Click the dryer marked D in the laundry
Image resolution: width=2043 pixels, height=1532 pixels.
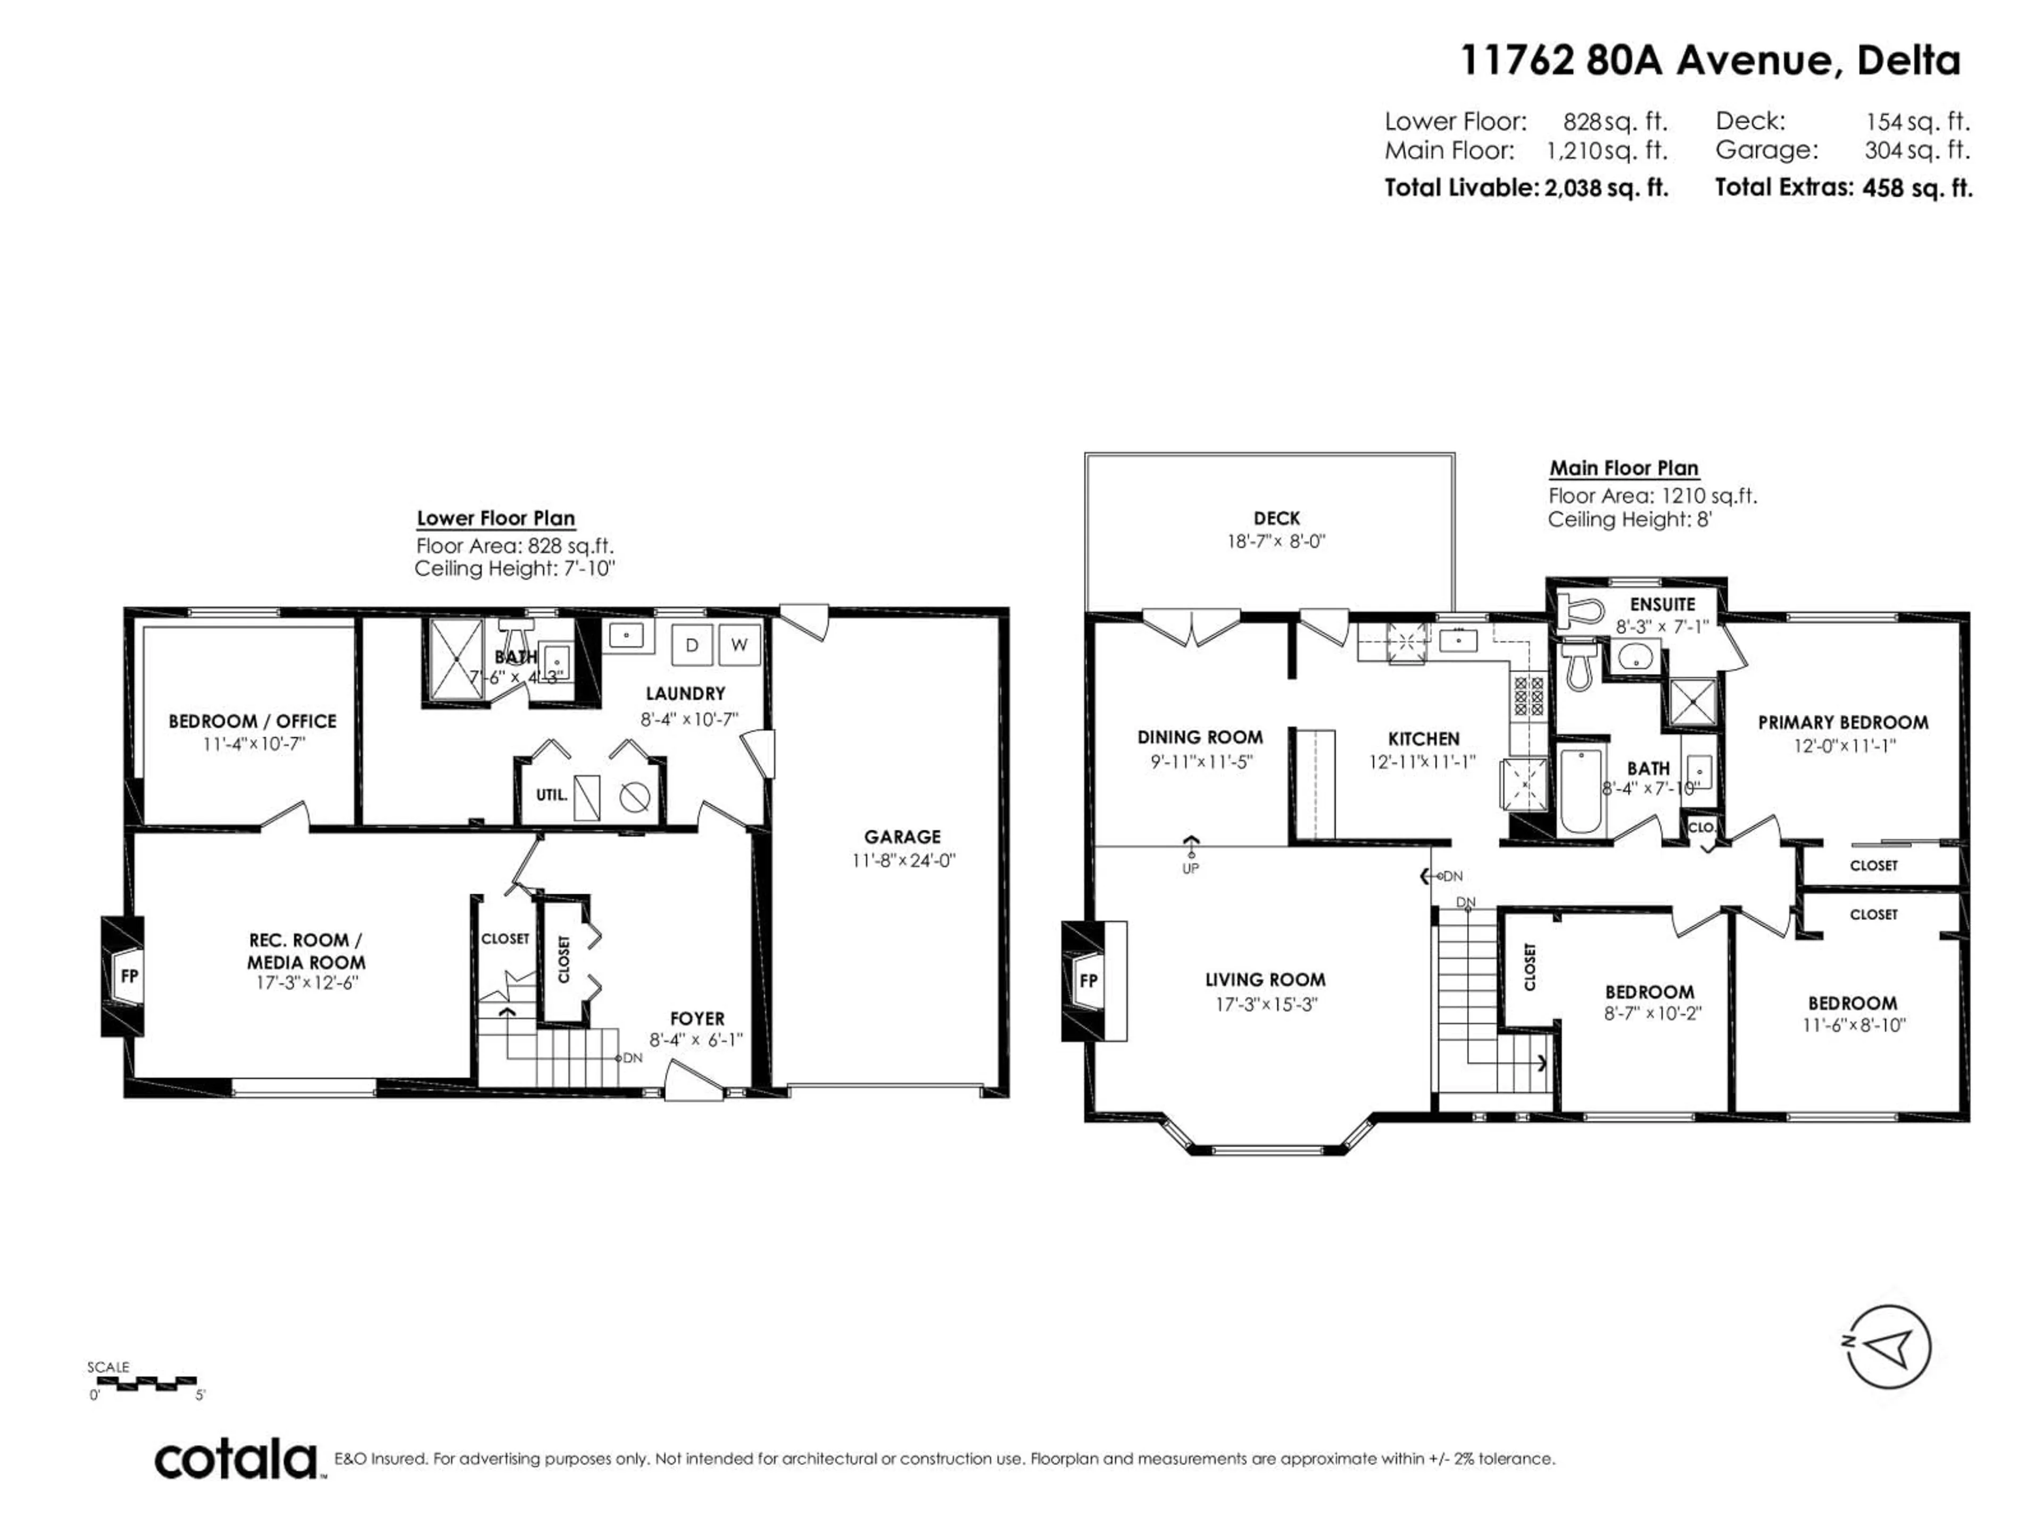pos(691,645)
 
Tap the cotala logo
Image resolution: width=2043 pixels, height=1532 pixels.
pos(236,1460)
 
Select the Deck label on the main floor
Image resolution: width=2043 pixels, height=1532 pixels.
pos(1276,518)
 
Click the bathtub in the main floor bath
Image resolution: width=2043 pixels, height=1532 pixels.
pos(1581,789)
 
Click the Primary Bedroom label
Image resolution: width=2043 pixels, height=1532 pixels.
pos(1842,722)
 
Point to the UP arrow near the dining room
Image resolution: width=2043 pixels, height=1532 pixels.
pos(1191,843)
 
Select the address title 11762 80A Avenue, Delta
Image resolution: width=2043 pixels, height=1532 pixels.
pos(1709,61)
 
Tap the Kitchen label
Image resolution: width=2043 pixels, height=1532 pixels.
pos(1423,739)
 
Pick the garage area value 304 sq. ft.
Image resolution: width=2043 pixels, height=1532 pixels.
pos(1916,149)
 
